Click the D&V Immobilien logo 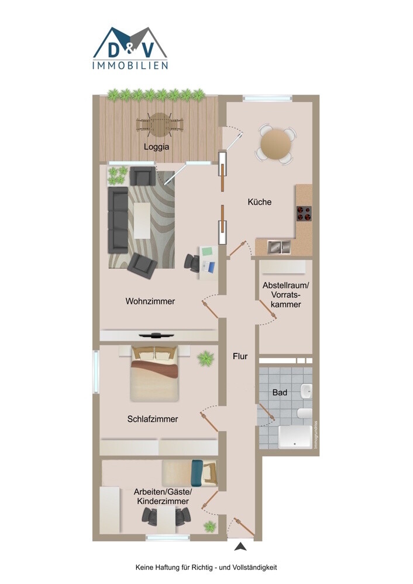[130, 48]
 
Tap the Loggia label [156, 147]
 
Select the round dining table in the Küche [276, 144]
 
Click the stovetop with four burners [304, 213]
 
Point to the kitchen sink [278, 246]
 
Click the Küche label [260, 202]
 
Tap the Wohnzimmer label [150, 301]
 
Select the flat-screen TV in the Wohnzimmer [157, 335]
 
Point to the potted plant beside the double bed [205, 359]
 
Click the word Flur [240, 356]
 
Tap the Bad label [280, 392]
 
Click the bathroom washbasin [307, 391]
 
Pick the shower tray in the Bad [295, 437]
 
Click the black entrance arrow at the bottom [241, 547]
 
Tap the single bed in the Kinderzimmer [190, 474]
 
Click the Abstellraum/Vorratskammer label [286, 294]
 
